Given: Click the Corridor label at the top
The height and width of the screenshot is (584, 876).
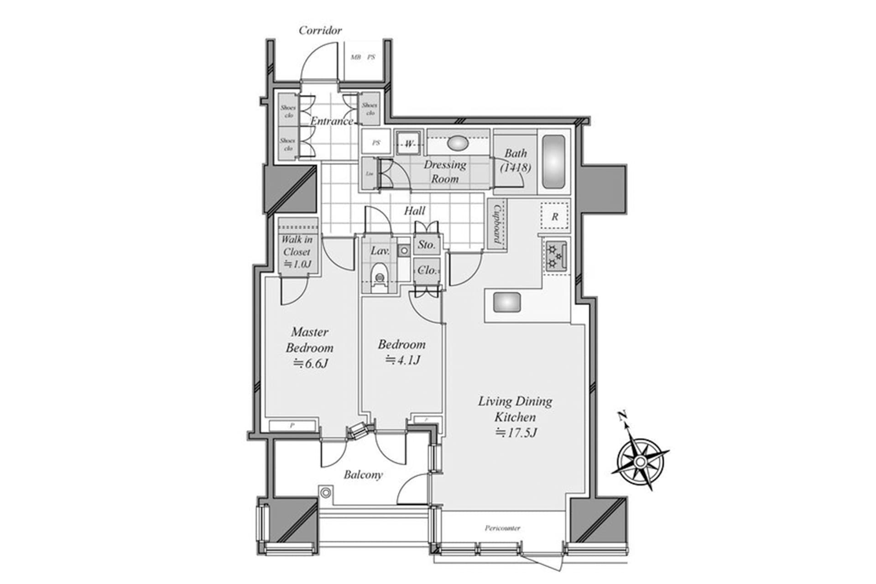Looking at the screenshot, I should [x=320, y=31].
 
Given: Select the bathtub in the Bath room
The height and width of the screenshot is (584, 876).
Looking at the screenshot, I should [x=554, y=162].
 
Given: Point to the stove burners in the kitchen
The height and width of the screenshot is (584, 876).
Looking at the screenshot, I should [x=555, y=256].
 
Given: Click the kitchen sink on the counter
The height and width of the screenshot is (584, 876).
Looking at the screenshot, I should [x=507, y=302].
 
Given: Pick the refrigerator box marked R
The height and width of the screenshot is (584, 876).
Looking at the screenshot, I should [x=555, y=216].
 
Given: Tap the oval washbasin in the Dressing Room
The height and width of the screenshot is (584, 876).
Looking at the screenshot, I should [x=458, y=143].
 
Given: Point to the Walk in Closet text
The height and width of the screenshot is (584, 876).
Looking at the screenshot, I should [x=297, y=246].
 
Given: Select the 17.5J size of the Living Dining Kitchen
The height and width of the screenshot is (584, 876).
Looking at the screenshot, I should [x=516, y=433].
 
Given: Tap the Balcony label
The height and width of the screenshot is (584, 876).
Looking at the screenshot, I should [x=363, y=475].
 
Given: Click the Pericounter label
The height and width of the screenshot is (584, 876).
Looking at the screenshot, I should [x=502, y=528].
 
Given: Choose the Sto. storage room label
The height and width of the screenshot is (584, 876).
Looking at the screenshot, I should [x=427, y=245].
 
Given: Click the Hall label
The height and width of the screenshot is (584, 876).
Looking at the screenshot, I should [x=414, y=211].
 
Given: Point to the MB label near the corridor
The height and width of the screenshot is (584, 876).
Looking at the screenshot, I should [x=355, y=57].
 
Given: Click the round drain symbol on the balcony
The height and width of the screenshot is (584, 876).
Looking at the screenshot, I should [x=325, y=493].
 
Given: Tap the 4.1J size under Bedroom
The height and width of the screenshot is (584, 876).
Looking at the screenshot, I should [x=402, y=360].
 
